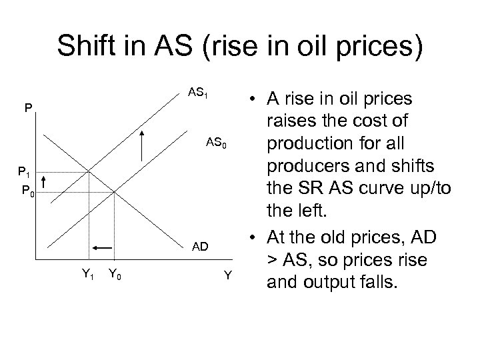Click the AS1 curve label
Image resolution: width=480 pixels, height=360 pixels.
click(199, 93)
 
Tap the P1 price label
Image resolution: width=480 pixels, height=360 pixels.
click(25, 173)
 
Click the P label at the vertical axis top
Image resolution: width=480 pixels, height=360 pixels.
click(26, 107)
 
